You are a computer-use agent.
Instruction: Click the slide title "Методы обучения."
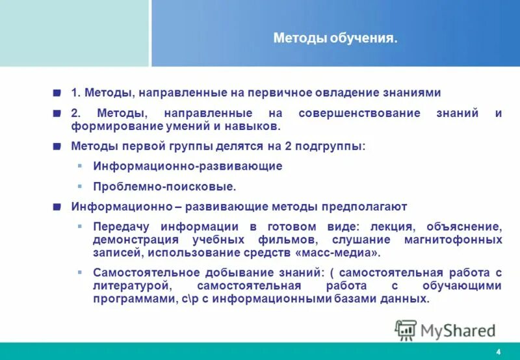335,39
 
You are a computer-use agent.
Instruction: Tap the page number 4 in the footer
498,352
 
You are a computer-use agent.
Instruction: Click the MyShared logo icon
406,330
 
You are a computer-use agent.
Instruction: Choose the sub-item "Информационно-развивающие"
187,166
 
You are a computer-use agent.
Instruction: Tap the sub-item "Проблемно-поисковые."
164,186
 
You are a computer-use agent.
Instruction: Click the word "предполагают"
371,207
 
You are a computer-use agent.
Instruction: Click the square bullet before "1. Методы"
57,93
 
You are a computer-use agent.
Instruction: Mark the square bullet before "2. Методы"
57,113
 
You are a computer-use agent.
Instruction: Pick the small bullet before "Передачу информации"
80,227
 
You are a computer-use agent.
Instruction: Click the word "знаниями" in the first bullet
417,93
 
